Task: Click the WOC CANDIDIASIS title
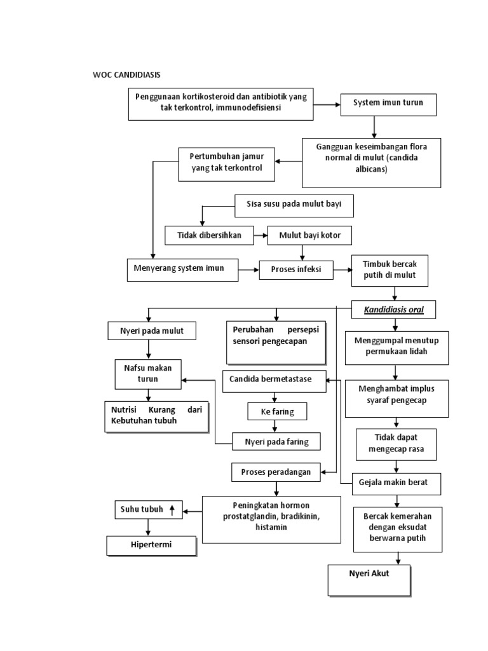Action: coord(126,75)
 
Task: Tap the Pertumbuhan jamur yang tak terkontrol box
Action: coord(226,163)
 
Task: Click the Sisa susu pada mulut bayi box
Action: coord(294,205)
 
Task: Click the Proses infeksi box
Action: coord(296,270)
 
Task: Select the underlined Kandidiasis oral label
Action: coord(394,310)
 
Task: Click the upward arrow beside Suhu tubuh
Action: coord(172,509)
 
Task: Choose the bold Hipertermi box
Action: coord(151,545)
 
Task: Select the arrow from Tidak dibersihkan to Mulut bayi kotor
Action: coord(260,235)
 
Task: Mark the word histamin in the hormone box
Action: coord(271,528)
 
